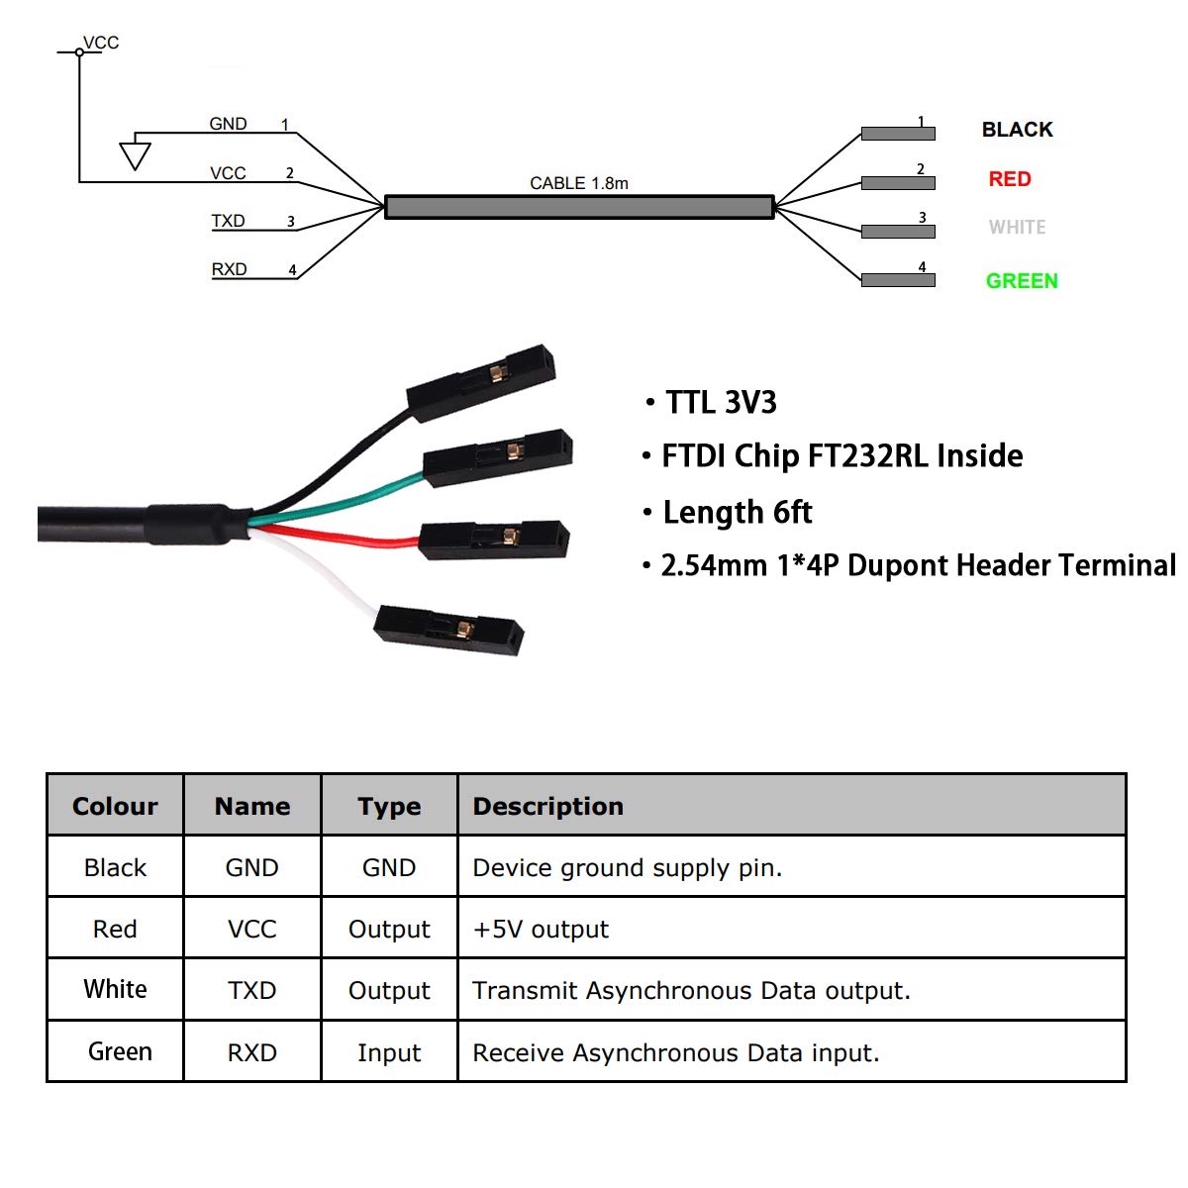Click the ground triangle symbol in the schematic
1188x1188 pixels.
point(135,156)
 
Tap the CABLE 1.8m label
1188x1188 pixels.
point(579,183)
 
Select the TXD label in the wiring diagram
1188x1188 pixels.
point(228,221)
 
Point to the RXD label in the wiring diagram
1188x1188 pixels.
point(229,269)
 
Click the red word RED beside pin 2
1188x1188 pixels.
point(1010,179)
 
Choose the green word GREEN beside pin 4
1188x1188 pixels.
point(1022,281)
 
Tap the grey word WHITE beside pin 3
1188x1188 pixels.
point(1018,228)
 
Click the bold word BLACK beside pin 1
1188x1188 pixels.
point(1018,130)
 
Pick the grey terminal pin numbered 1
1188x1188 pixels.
point(898,134)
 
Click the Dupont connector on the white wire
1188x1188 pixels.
point(448,630)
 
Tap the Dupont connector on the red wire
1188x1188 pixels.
point(494,541)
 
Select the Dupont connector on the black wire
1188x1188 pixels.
point(481,383)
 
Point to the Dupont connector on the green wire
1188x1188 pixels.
point(498,458)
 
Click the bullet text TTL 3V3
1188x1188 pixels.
point(721,403)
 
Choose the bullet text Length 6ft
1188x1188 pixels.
point(738,512)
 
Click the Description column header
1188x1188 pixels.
point(548,807)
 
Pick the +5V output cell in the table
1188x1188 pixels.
point(541,929)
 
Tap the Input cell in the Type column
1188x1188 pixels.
point(389,1053)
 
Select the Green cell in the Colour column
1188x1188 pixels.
point(120,1051)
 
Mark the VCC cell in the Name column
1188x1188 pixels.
point(252,929)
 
